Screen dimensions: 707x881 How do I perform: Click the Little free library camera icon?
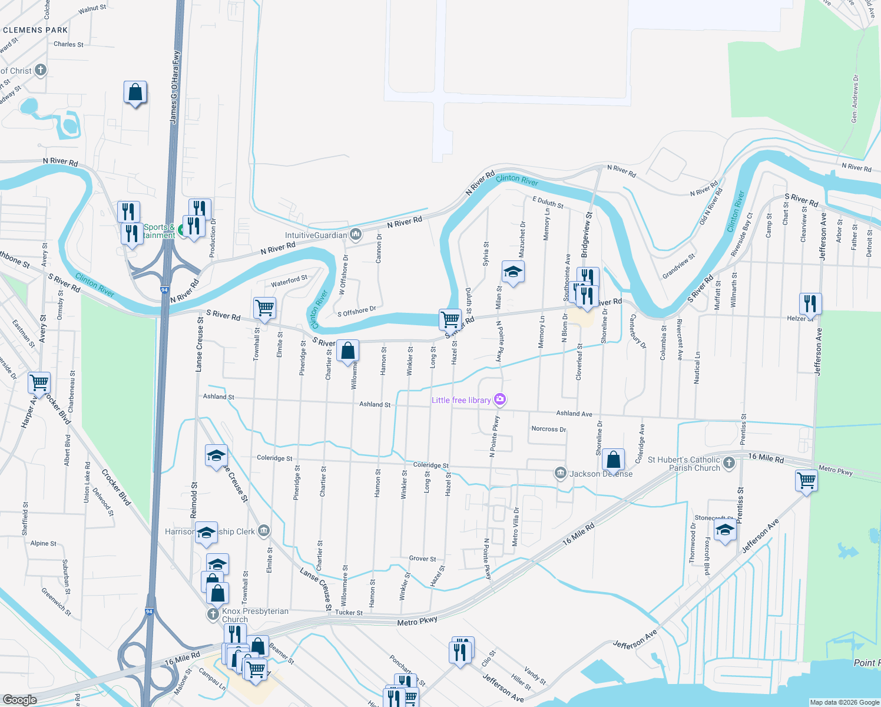tap(500, 400)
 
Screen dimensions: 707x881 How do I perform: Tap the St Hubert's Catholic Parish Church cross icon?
tap(729, 462)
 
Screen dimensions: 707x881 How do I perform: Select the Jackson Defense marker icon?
tap(560, 473)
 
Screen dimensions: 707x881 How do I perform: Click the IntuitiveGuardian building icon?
tap(356, 235)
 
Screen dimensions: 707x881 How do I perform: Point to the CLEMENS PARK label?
tap(35, 30)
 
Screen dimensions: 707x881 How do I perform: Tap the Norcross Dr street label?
tap(548, 429)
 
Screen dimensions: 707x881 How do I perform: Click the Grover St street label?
tap(422, 559)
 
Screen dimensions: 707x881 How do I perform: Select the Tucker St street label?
tap(349, 613)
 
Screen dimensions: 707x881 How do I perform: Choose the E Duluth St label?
tap(548, 202)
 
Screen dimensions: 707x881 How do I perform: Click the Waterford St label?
tap(289, 282)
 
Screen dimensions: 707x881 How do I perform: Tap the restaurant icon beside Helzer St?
tap(810, 303)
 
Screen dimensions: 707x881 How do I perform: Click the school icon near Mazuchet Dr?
tap(513, 272)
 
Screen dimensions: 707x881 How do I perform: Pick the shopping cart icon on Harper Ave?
tap(39, 382)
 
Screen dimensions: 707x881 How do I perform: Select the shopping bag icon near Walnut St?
tap(135, 92)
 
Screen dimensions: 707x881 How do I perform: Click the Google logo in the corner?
tap(19, 699)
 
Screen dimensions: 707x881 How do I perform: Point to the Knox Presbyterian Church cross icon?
tap(213, 615)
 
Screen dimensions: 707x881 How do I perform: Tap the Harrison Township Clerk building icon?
tap(264, 531)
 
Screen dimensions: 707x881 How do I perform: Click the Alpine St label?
tap(44, 543)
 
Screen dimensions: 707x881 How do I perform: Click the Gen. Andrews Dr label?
tap(854, 98)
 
